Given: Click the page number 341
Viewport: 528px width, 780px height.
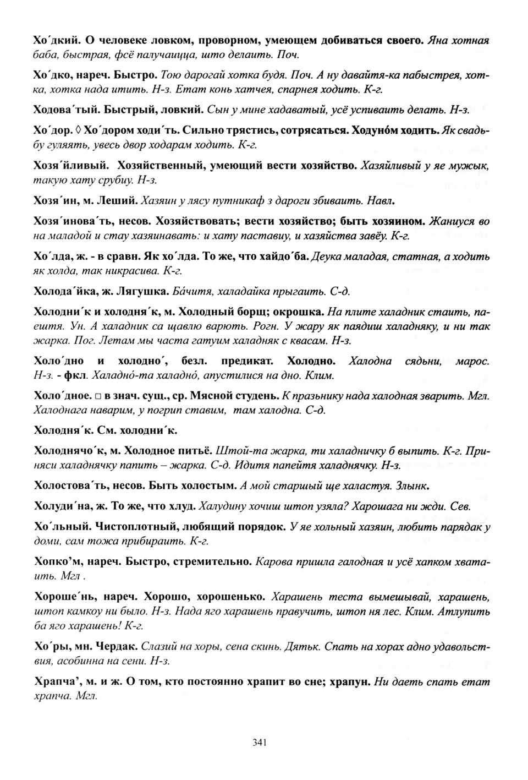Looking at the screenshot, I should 260,742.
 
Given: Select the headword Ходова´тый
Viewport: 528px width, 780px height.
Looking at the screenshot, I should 65,110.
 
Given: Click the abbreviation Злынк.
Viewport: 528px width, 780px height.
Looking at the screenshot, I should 411,486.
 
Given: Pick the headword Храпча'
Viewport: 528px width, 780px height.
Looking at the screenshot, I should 57,682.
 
